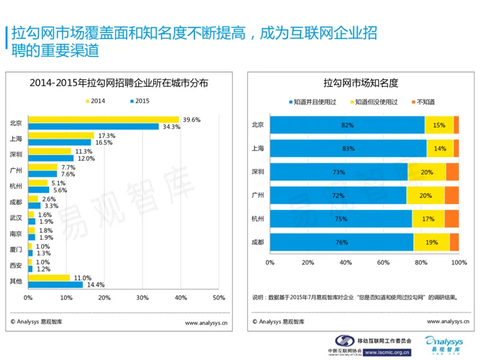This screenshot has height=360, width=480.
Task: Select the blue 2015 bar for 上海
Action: [59, 143]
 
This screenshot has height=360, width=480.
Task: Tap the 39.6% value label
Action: [191, 120]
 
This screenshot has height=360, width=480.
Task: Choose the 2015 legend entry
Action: [139, 100]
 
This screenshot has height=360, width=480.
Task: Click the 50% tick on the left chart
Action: [218, 298]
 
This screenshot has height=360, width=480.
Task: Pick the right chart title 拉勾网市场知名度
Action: [361, 83]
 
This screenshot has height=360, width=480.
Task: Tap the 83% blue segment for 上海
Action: [348, 148]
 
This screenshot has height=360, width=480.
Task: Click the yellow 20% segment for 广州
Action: [425, 196]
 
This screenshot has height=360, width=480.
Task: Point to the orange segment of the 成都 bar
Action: [454, 242]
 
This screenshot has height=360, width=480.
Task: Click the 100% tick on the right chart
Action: [458, 263]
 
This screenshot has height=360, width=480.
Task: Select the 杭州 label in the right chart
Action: [258, 219]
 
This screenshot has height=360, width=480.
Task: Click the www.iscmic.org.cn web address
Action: [388, 352]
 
